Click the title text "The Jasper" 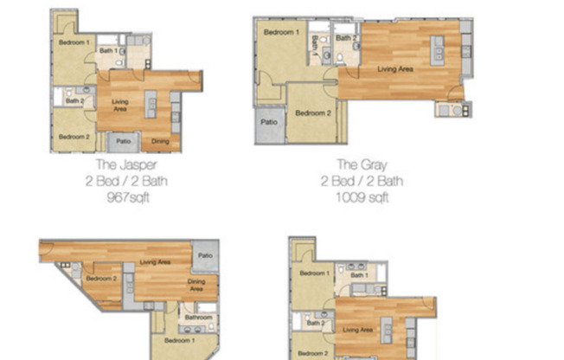coord(125,165)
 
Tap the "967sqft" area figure coord(125,196)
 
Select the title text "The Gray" coord(361,165)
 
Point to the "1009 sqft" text coord(362,197)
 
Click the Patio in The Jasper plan coord(124,141)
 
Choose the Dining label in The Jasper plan coord(160,141)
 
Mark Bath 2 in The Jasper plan coord(75,101)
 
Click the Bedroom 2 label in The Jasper coord(74,137)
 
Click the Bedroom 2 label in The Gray coord(312,113)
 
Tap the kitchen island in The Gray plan coord(439,57)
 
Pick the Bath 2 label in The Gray coord(346,38)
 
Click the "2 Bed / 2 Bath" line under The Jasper coord(125,181)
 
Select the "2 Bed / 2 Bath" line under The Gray coord(362,181)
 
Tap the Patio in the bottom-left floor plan coord(205,256)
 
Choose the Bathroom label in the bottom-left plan coord(198,318)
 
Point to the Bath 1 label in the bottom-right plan coord(360,275)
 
